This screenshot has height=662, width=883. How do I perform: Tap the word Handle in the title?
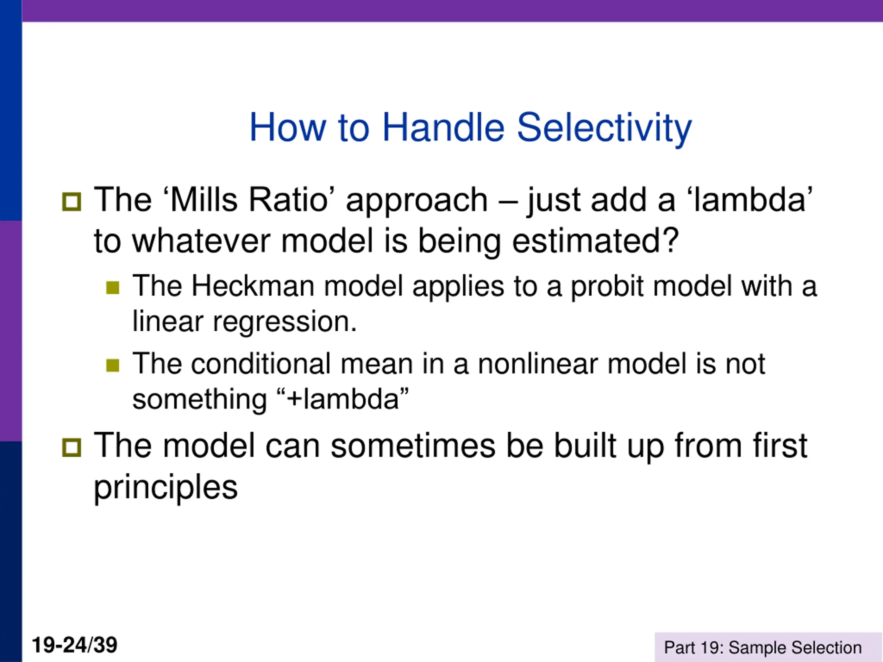coord(444,127)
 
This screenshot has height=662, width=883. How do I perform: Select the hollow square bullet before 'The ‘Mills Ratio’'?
coord(72,202)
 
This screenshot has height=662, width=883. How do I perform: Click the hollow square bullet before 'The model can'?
coord(72,447)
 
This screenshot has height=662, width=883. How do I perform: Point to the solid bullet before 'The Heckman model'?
coord(113,287)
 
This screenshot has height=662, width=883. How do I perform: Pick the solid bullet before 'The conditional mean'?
coord(113,365)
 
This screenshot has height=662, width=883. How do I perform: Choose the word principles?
coord(166,488)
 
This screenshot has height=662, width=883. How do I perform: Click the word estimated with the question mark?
coord(596,241)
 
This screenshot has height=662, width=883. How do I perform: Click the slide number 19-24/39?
coord(75,645)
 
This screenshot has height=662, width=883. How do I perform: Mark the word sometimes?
coord(413,446)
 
